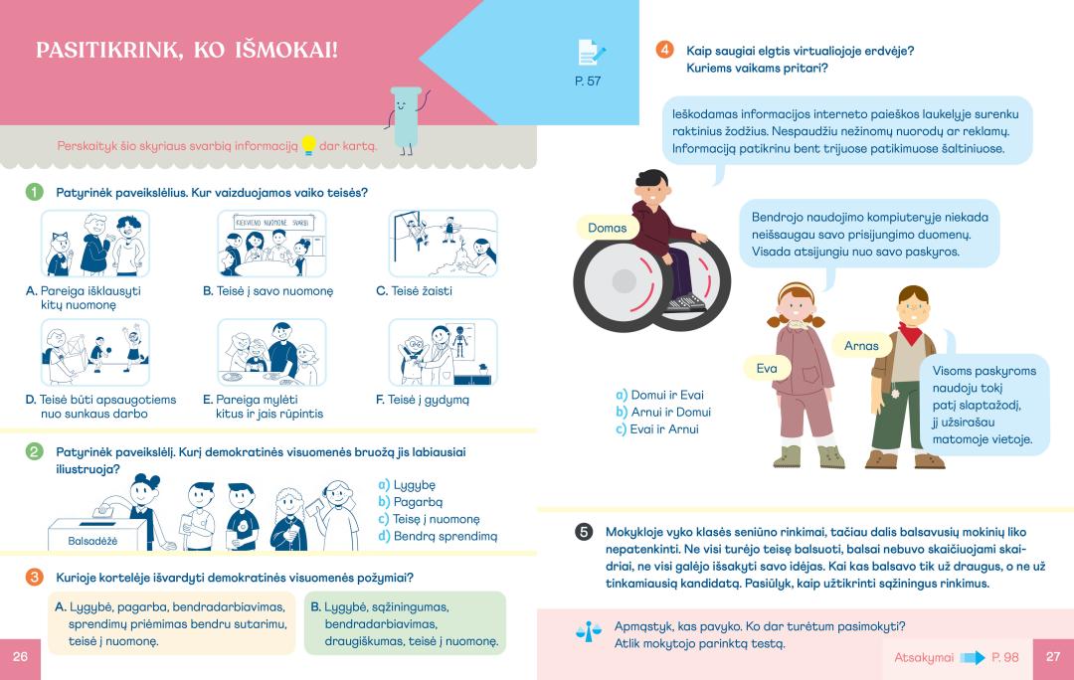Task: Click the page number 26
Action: (20, 657)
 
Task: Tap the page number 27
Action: (1053, 657)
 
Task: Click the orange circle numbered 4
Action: (664, 50)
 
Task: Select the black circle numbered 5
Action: (584, 532)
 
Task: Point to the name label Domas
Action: (607, 228)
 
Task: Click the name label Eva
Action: (767, 369)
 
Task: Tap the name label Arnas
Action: (861, 346)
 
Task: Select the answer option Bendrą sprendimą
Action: (438, 536)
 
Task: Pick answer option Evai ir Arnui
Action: (657, 429)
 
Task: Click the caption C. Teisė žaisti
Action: (414, 291)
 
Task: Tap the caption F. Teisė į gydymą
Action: (423, 400)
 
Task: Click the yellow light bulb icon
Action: (309, 145)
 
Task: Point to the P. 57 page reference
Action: (588, 81)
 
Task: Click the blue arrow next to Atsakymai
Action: (973, 658)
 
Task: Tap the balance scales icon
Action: (589, 630)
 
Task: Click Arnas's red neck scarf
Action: (910, 333)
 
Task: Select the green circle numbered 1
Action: (34, 193)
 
